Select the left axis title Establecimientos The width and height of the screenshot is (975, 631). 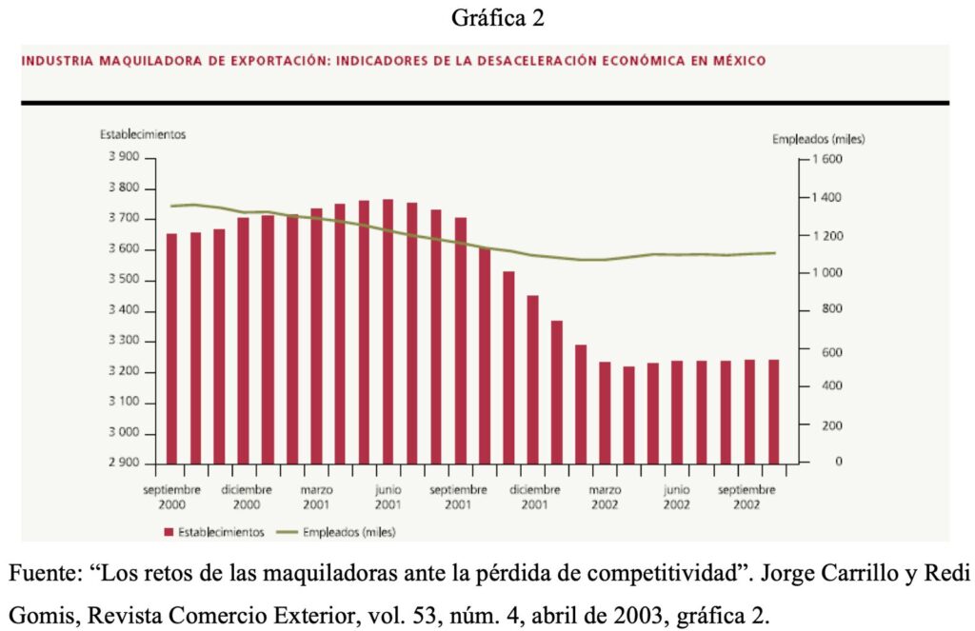tap(143, 134)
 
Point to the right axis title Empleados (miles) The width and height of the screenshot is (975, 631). tap(819, 139)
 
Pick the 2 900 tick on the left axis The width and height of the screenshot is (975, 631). tap(123, 463)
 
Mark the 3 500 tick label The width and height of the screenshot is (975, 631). tap(123, 281)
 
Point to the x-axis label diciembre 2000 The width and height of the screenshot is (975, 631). tap(247, 497)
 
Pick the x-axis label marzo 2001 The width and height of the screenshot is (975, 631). tap(317, 497)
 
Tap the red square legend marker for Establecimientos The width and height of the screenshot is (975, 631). tap(169, 533)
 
